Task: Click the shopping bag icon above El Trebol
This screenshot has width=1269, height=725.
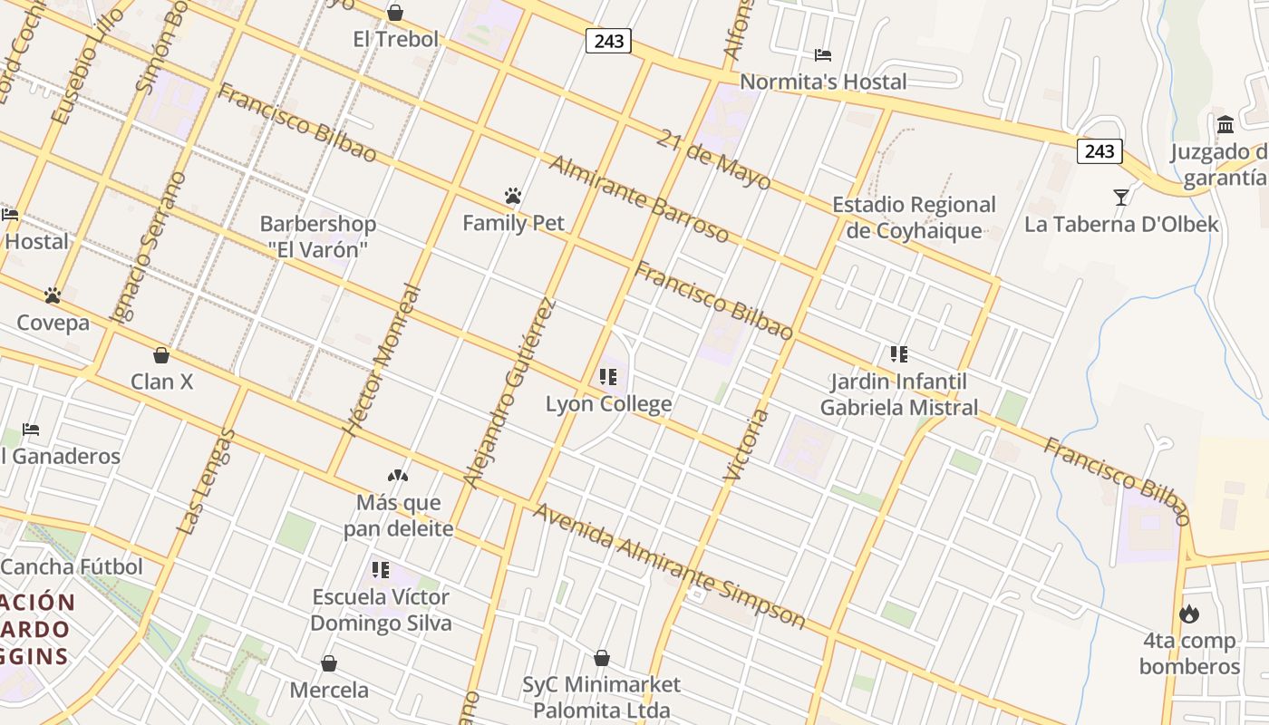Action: coord(395,13)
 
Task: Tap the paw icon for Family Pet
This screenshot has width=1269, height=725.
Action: coord(513,196)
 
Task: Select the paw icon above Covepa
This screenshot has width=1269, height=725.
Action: coord(53,295)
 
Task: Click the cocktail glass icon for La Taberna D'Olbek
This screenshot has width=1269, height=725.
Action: coord(1121,197)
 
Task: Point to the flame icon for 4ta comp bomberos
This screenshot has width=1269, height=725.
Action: coord(1189,614)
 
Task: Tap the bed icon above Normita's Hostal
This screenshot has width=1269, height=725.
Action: coord(823,54)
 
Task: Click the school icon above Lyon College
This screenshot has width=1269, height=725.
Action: coord(608,376)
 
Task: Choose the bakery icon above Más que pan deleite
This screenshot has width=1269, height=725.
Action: coord(398,475)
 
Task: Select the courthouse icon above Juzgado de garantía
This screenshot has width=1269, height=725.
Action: coord(1226,124)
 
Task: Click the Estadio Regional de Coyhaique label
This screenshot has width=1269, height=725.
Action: coord(914,217)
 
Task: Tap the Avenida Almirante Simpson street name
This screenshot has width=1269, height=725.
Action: coord(669,566)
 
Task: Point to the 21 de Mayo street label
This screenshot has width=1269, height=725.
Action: coord(713,159)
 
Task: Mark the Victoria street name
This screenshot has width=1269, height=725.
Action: coord(747,444)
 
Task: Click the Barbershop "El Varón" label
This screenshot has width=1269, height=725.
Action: coord(318,237)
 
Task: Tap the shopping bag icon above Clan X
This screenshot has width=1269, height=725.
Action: coord(161,355)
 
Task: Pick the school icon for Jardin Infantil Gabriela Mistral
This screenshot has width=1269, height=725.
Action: coord(899,353)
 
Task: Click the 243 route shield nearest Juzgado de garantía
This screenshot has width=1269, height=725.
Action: coord(1099,150)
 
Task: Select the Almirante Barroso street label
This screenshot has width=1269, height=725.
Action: coord(639,199)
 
